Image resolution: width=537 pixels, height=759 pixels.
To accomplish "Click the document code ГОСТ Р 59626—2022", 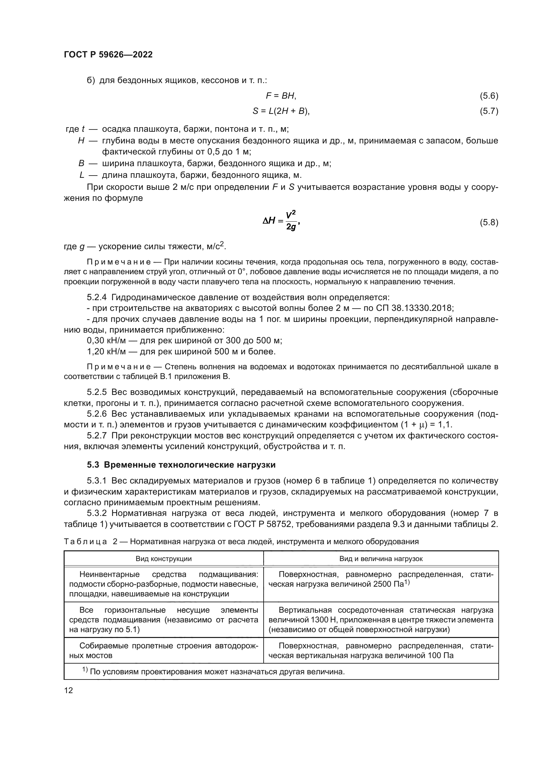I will tap(108, 55).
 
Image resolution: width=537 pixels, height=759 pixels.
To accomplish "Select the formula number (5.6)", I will tap(489, 96).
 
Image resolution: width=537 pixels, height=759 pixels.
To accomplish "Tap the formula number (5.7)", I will tap(489, 111).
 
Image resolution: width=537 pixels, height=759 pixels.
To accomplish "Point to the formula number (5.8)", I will tap(489, 222).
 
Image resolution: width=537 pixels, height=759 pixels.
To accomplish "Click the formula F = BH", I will tap(281, 96).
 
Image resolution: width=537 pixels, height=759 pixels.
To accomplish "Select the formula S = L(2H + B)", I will tap(281, 111).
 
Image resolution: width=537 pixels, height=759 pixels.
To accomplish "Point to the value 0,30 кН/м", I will tap(106, 340).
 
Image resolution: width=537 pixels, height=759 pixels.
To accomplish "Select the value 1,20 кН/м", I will tap(106, 351).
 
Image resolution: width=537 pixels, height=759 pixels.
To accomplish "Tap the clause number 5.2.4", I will tap(96, 297).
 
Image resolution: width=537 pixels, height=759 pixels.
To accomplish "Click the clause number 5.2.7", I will tap(96, 436).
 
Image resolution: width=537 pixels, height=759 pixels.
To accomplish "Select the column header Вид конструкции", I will tap(164, 559).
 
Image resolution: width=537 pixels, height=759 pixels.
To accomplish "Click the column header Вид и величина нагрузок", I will tap(381, 559).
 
